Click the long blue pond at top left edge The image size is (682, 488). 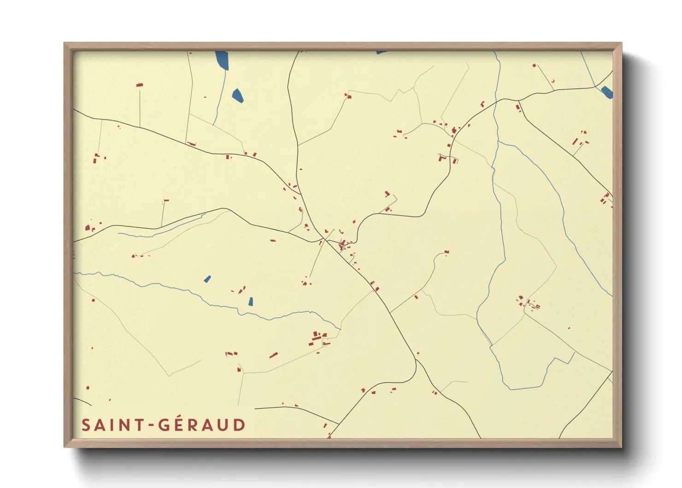pos(222,60)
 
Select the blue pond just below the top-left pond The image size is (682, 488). pos(238,95)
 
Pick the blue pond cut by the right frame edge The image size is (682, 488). pos(607,92)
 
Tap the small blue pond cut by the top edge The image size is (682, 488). pos(381,52)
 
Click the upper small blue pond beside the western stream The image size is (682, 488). pos(207,279)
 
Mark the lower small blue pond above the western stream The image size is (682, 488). pos(251,301)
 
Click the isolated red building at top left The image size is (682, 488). pos(139,85)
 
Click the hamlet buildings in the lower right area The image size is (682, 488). pos(528,304)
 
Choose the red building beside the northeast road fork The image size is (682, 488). pos(518,108)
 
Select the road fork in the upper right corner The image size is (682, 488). pos(518,100)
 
